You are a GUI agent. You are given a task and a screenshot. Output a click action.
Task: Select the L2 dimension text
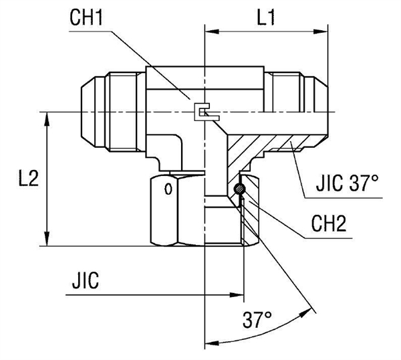click(27, 179)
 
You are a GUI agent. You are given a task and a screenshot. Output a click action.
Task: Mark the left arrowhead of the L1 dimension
click(211, 31)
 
